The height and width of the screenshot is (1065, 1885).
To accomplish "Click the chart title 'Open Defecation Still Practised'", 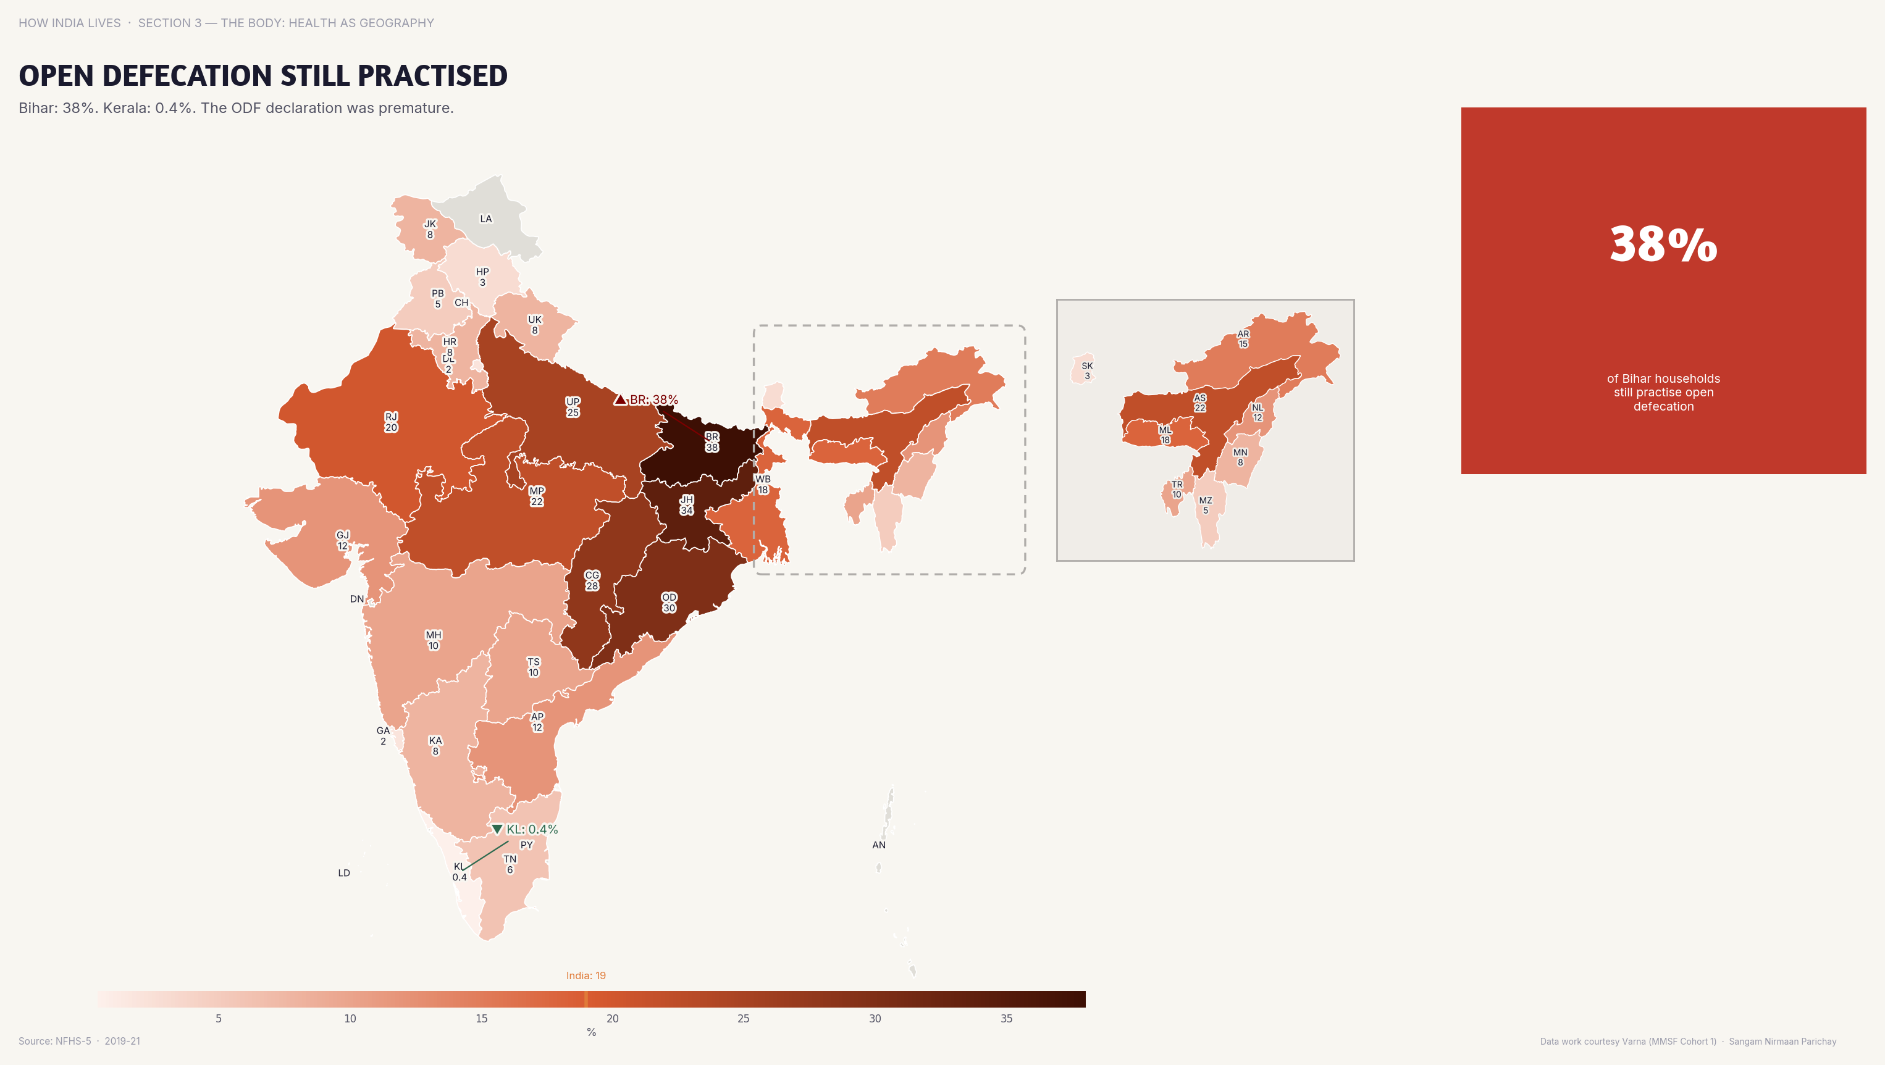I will point(262,75).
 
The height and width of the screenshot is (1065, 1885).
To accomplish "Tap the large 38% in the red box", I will point(1663,244).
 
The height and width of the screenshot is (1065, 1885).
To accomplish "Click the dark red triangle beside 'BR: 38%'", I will point(620,399).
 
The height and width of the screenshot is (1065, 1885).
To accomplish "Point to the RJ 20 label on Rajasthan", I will point(391,422).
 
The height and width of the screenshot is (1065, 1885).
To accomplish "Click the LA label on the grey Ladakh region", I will point(485,219).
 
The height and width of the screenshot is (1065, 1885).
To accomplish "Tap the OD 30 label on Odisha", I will point(669,603).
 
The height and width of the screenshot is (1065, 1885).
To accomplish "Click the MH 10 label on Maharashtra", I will point(433,640).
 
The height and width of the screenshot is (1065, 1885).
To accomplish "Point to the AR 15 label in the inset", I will point(1243,339).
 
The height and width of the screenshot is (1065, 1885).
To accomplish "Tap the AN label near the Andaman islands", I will point(878,845).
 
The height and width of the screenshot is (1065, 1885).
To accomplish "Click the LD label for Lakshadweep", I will point(344,872).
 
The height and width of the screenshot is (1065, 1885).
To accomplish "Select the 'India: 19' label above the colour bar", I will point(586,975).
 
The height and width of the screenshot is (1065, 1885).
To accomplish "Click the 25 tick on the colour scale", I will point(743,1018).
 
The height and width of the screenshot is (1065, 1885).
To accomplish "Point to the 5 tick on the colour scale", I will point(218,1018).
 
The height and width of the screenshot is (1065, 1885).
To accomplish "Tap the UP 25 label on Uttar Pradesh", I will point(572,407).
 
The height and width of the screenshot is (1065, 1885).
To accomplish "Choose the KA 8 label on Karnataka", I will point(435,745).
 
